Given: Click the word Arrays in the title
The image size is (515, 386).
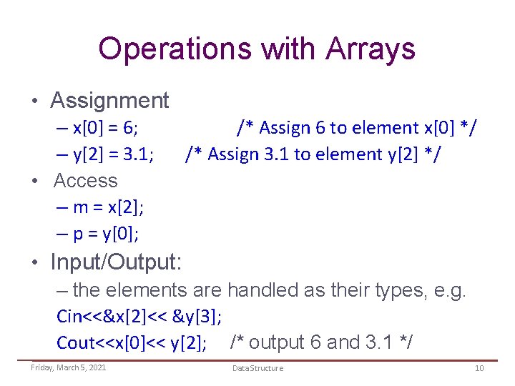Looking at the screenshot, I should [x=370, y=49].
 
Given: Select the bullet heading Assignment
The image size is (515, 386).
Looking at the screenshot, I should [x=109, y=100].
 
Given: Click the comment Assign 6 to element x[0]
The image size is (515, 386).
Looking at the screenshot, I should [x=358, y=128].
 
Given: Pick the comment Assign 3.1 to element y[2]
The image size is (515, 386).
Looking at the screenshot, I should [x=313, y=154].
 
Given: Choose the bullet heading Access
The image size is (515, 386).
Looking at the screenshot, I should [x=85, y=181].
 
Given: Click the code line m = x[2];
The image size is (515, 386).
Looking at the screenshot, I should [x=108, y=207].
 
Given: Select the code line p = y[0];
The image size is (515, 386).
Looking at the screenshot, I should [x=105, y=234].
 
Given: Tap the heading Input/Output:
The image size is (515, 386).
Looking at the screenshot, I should [x=116, y=262].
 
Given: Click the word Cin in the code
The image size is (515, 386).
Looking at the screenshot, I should [x=69, y=317].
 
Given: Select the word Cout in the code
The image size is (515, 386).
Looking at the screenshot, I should [x=74, y=343].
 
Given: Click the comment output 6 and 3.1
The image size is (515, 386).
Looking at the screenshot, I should [x=321, y=343].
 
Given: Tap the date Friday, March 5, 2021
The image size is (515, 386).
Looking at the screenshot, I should [x=68, y=367].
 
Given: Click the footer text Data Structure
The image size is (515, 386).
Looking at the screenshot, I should [x=257, y=368].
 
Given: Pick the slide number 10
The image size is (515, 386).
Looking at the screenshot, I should [x=479, y=368].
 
